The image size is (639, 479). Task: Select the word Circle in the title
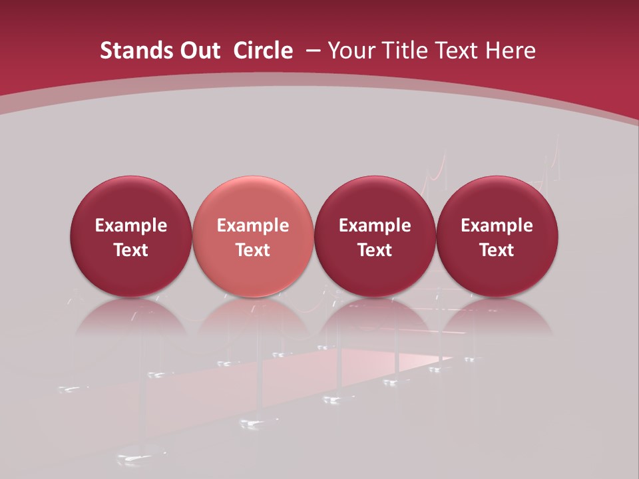263,51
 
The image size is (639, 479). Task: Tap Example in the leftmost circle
131,226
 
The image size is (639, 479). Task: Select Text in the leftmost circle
131,250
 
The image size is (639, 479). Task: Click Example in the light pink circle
253,226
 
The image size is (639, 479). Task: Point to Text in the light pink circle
253,250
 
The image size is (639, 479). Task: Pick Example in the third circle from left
375,226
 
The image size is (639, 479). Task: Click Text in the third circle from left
375,250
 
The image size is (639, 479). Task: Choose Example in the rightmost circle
497,226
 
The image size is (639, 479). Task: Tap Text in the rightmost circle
497,250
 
